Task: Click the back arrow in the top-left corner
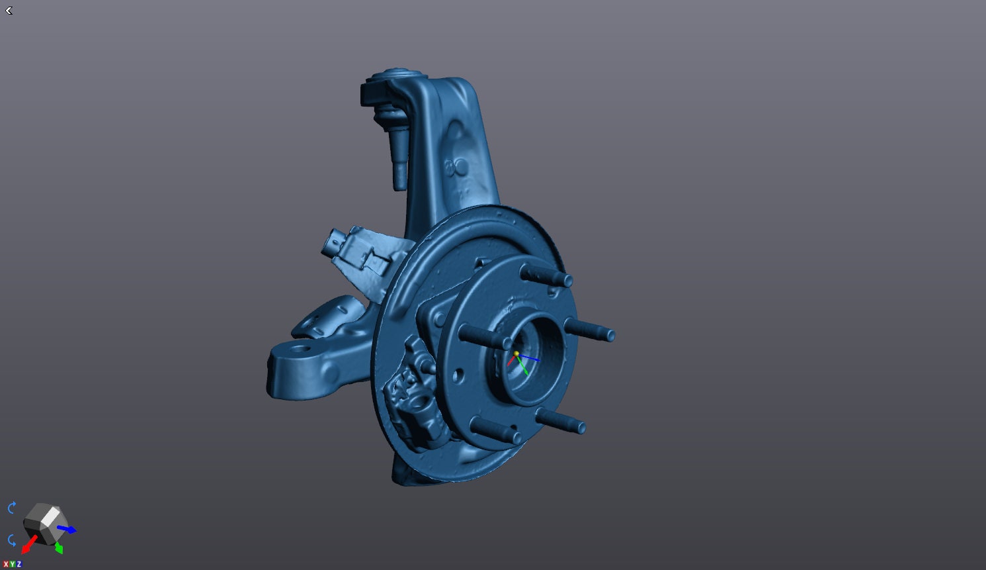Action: point(9,11)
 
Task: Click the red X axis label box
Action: point(6,564)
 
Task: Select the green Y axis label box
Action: point(13,564)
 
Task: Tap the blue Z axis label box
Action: point(19,564)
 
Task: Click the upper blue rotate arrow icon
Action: point(12,508)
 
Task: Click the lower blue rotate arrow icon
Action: point(12,540)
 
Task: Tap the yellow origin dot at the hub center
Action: point(516,354)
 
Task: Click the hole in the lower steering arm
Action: point(301,348)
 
